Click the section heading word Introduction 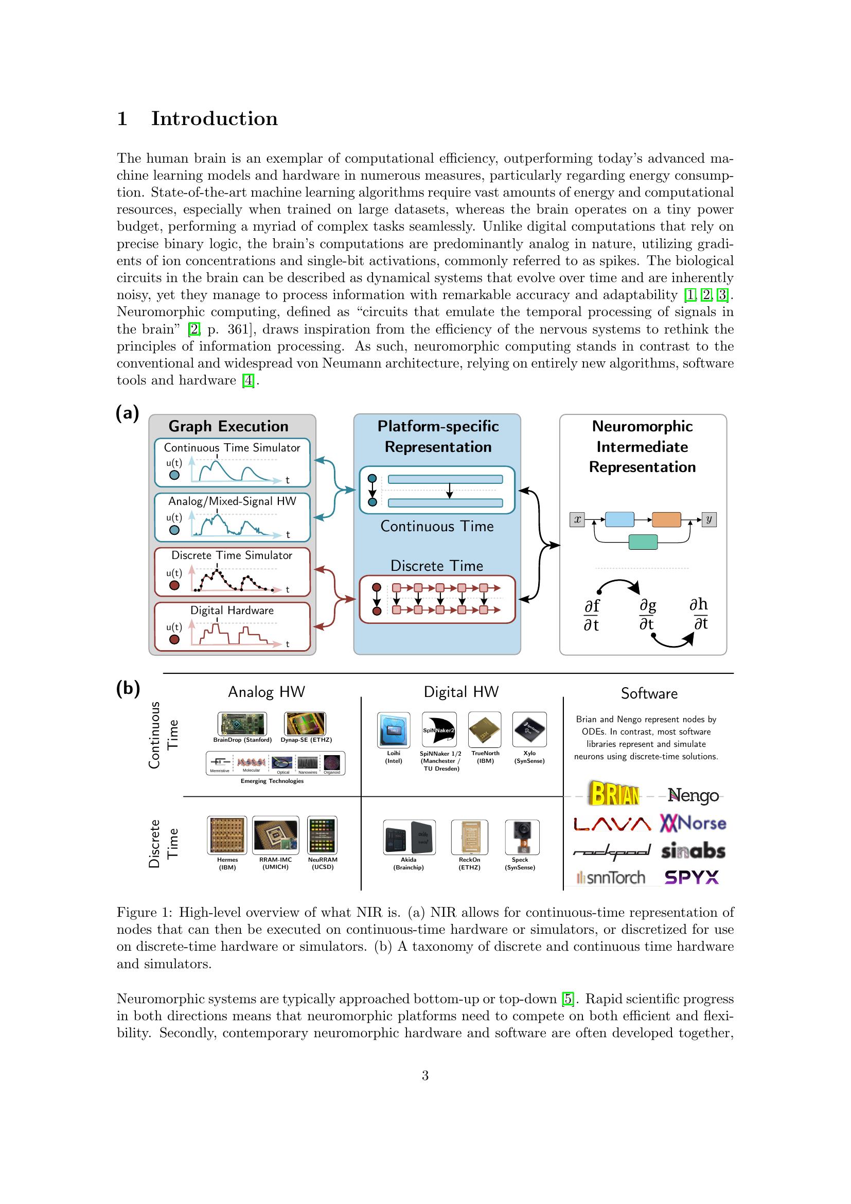point(215,119)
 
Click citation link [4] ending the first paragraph point(248,381)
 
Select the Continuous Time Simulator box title point(232,447)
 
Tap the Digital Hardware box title point(232,610)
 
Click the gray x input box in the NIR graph point(577,520)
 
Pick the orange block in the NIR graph point(666,520)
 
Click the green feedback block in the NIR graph point(643,542)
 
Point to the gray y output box point(709,520)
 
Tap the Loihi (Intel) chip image point(394,730)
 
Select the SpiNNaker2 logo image point(439,729)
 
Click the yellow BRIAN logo point(615,794)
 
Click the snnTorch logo point(611,877)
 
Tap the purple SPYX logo point(692,877)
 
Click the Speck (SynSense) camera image point(521,837)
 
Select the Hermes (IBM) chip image point(227,835)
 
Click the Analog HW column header point(266,692)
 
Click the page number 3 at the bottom point(425,1076)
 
